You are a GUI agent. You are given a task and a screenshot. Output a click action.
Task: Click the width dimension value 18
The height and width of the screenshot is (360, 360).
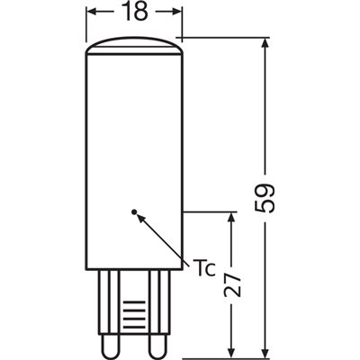[x=134, y=13]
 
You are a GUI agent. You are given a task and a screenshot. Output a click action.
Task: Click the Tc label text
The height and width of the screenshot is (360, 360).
[x=202, y=267]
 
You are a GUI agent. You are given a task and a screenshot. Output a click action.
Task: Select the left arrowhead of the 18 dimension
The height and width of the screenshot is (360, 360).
[x=94, y=13]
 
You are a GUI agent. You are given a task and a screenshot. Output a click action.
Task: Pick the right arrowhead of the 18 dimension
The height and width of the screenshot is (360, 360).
[x=175, y=13]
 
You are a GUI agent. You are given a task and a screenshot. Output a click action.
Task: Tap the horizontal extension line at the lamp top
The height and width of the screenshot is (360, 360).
[x=225, y=38]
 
